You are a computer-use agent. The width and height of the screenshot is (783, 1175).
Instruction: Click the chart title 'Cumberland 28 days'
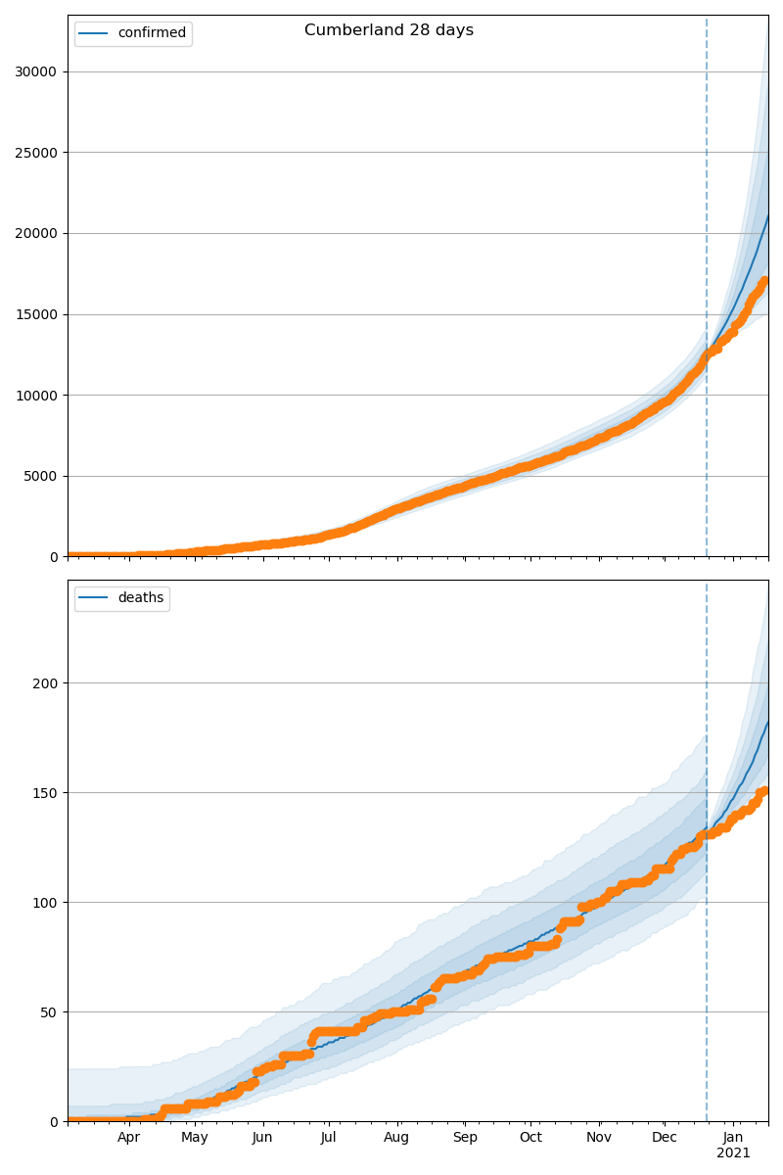(x=389, y=30)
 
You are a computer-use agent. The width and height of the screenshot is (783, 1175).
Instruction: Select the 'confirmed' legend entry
(x=151, y=33)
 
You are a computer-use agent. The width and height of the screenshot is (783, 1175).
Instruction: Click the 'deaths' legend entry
(x=140, y=598)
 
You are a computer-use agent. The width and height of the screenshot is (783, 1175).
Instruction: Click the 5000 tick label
(x=39, y=477)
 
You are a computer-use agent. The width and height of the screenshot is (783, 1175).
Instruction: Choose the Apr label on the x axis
(x=129, y=1138)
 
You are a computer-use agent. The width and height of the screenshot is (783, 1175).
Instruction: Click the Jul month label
(x=329, y=1138)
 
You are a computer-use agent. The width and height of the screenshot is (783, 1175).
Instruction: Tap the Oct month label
(x=530, y=1138)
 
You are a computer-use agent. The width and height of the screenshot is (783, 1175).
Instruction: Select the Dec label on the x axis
(x=665, y=1138)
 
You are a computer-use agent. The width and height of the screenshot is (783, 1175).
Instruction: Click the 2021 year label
(x=733, y=1153)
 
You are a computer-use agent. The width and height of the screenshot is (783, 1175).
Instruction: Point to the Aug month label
(x=396, y=1138)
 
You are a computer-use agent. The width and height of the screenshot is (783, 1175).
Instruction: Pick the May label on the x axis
(x=195, y=1138)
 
